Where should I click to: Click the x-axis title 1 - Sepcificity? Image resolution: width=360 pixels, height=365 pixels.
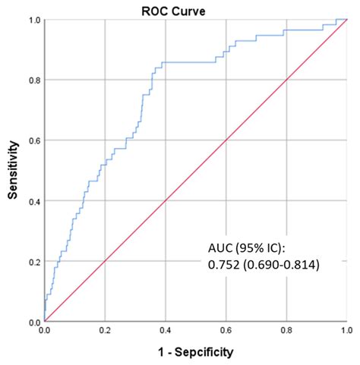[x=196, y=352]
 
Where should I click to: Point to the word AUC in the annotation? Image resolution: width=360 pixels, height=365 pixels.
[x=219, y=249]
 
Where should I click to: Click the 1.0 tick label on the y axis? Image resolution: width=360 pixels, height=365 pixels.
[x=34, y=20]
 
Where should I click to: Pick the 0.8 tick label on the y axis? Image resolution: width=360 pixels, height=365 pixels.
[x=34, y=80]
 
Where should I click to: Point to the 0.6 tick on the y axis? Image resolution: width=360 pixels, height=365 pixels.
[x=34, y=140]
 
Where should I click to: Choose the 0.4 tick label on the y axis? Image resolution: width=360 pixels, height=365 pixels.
[x=34, y=201]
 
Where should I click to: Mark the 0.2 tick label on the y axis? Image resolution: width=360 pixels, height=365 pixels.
[x=34, y=262]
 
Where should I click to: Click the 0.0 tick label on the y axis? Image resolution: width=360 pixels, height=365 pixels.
[x=34, y=322]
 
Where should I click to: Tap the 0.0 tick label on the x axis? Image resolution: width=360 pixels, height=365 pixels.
[x=45, y=332]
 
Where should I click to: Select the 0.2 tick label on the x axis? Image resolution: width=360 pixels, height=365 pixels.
[x=105, y=332]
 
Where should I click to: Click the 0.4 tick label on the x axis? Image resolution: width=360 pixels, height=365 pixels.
[x=166, y=332]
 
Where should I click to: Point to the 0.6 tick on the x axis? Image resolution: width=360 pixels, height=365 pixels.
[x=226, y=332]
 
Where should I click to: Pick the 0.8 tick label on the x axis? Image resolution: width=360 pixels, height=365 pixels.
[x=286, y=332]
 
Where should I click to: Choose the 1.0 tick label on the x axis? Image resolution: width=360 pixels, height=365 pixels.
[x=346, y=332]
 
